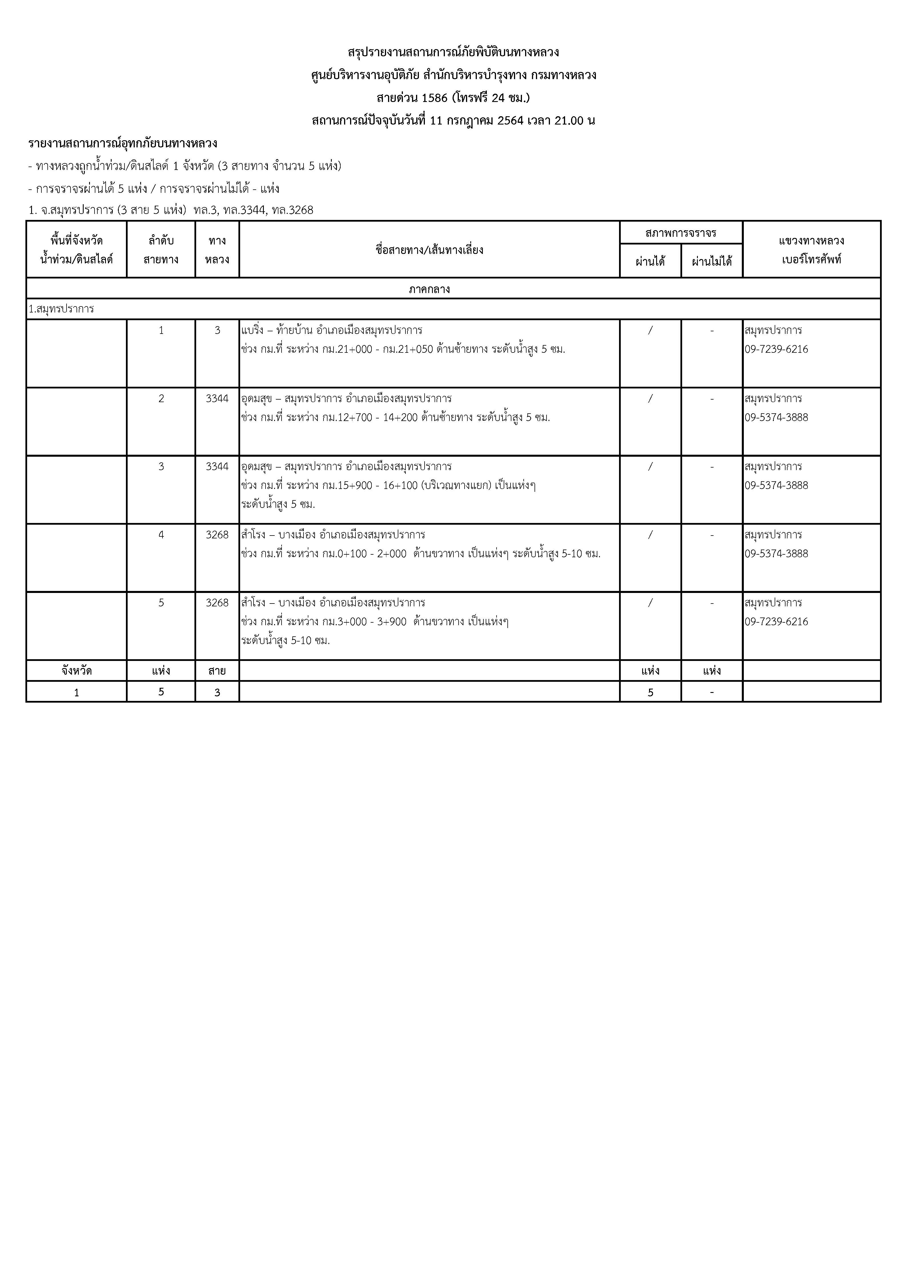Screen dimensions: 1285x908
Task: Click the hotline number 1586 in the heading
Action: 434,98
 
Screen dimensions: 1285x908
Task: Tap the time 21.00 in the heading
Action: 569,120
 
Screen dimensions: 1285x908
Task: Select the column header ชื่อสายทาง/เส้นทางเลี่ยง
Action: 429,250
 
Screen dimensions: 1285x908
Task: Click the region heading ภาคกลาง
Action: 429,289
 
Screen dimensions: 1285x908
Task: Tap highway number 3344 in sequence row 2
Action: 217,398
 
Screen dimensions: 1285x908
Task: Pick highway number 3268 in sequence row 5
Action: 217,603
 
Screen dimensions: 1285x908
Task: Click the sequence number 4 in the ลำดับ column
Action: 161,534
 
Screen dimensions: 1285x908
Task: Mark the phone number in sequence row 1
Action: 776,349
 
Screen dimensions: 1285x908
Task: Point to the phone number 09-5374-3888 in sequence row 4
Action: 776,554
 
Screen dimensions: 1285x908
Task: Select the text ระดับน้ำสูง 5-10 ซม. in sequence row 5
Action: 285,640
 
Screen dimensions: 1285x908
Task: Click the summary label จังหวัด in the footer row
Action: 77,670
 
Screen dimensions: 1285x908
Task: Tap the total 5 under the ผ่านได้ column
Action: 650,692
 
